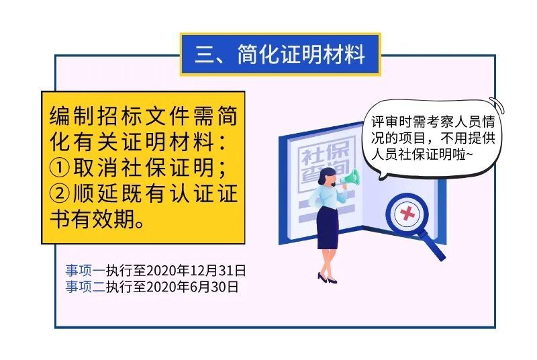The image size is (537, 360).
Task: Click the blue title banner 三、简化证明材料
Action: pyautogui.click(x=281, y=54)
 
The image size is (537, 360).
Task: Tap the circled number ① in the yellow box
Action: pyautogui.click(x=60, y=168)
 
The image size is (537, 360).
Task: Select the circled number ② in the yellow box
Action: pyautogui.click(x=60, y=193)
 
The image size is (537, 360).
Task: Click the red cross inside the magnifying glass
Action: pyautogui.click(x=407, y=214)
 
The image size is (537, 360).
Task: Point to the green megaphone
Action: pyautogui.click(x=350, y=179)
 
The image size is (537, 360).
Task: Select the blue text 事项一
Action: pyautogui.click(x=86, y=271)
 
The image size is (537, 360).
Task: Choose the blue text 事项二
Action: pyautogui.click(x=86, y=287)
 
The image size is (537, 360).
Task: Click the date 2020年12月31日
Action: pyautogui.click(x=196, y=271)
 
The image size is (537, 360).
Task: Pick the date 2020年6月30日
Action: pyautogui.click(x=192, y=287)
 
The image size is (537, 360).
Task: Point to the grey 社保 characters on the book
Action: pyautogui.click(x=325, y=152)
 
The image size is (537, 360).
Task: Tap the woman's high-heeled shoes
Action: pyautogui.click(x=327, y=278)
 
